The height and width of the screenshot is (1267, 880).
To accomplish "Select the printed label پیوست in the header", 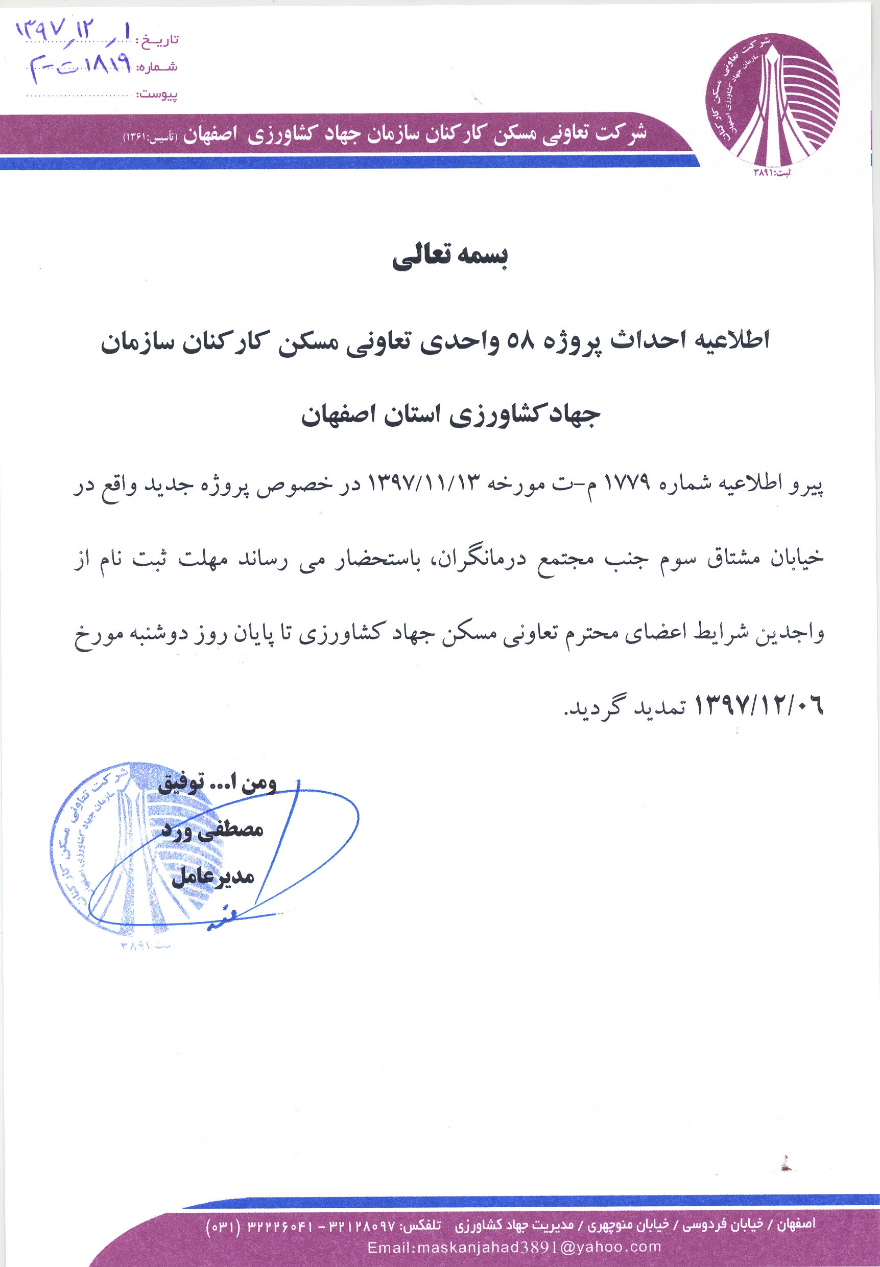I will (x=158, y=94).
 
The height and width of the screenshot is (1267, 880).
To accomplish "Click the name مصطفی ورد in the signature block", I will (x=213, y=830).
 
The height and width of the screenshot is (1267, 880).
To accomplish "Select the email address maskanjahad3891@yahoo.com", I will (x=514, y=1247).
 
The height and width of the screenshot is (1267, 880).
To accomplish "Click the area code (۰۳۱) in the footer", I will (x=223, y=1226).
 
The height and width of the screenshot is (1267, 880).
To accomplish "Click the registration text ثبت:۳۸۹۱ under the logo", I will (x=772, y=173).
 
